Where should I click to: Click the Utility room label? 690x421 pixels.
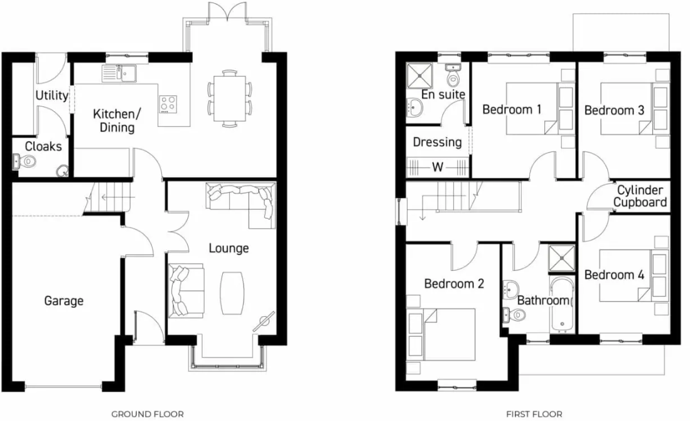tap(51, 96)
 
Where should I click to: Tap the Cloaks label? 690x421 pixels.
tap(43, 146)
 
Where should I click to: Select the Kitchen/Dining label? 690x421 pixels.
tap(114, 121)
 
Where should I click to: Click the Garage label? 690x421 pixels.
tap(63, 301)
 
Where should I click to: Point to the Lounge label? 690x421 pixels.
tap(229, 248)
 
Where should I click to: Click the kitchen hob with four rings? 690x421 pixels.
tap(168, 103)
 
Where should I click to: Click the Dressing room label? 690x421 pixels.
tap(437, 142)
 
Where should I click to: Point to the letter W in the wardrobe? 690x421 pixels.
tap(438, 168)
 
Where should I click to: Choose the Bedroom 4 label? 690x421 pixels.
tap(613, 275)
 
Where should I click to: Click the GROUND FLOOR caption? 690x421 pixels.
tap(148, 414)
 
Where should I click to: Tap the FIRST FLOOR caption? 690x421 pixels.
tap(534, 414)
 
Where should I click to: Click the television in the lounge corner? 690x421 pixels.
tap(264, 321)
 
